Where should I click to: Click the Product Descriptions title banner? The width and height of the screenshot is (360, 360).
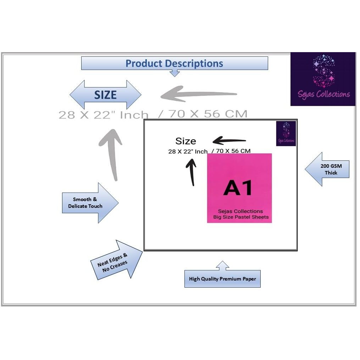[x=174, y=63]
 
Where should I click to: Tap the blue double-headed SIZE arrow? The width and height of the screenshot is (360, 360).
[x=105, y=95]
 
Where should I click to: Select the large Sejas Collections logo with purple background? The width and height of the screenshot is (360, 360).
[x=323, y=79]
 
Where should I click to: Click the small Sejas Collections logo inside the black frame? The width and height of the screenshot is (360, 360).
[x=286, y=133]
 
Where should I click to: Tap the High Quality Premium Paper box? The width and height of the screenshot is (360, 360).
[x=222, y=279]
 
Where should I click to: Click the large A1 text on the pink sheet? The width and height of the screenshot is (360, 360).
[x=238, y=188]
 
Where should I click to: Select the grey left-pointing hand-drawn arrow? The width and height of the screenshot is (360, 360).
[x=199, y=95]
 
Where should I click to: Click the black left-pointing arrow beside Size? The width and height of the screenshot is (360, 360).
[x=229, y=140]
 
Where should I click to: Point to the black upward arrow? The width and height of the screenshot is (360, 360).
[x=191, y=172]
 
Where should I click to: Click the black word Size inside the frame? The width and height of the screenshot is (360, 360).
[x=185, y=141]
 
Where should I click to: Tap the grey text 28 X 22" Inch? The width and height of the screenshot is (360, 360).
[x=103, y=115]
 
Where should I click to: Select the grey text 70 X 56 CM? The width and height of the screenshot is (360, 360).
[x=208, y=114]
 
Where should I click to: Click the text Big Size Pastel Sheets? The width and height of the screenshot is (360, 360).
[x=241, y=217]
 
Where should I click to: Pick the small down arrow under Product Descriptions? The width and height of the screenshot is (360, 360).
[x=175, y=73]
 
